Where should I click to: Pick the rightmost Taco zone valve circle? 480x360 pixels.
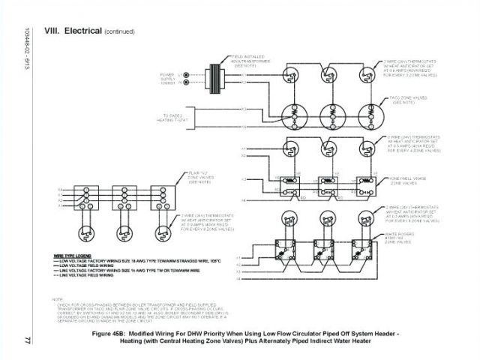[368, 114]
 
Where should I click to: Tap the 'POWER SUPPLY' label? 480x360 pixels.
[167, 78]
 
